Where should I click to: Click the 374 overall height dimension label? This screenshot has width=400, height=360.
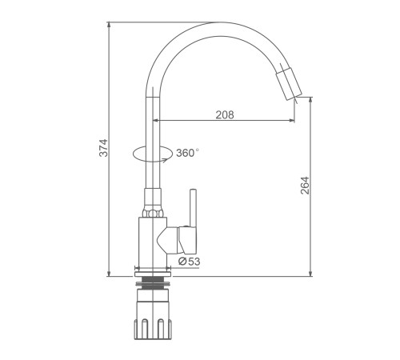(103, 148)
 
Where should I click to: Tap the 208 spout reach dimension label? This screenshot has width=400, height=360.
(225, 114)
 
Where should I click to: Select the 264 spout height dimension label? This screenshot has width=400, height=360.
(305, 186)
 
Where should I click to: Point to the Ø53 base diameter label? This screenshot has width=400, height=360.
(189, 262)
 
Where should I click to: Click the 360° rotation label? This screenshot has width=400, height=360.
(187, 153)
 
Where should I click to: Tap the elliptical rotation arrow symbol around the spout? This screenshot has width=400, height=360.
(153, 154)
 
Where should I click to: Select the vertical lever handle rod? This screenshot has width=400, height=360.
(193, 208)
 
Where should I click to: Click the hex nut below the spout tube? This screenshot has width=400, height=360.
(153, 214)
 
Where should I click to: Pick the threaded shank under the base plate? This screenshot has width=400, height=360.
(153, 283)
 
